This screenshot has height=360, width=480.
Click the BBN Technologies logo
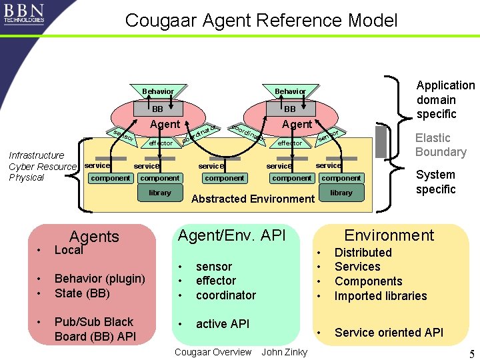[x=24, y=13]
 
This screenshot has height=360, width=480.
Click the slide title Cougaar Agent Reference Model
[x=261, y=21]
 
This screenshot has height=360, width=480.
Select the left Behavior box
[x=158, y=91]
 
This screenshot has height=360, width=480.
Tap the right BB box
[x=290, y=109]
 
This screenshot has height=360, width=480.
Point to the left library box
[x=160, y=193]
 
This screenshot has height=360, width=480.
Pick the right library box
[x=341, y=193]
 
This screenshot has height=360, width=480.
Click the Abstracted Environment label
[x=253, y=199]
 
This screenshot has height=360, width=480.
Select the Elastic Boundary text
[x=441, y=145]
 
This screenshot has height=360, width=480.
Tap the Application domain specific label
[x=445, y=99]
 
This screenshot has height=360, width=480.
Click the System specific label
[x=435, y=182]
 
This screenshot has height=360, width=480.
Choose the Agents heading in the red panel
[x=94, y=237]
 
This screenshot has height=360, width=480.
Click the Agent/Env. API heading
[x=231, y=235]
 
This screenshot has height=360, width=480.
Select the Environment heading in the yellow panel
[x=389, y=235]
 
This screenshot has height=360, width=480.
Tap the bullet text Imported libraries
[x=380, y=296]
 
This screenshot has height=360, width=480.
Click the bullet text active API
[x=223, y=324]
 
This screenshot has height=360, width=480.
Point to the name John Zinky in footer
[x=284, y=352]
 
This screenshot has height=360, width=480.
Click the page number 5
[x=471, y=353]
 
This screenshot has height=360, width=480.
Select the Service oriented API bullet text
[x=388, y=333]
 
